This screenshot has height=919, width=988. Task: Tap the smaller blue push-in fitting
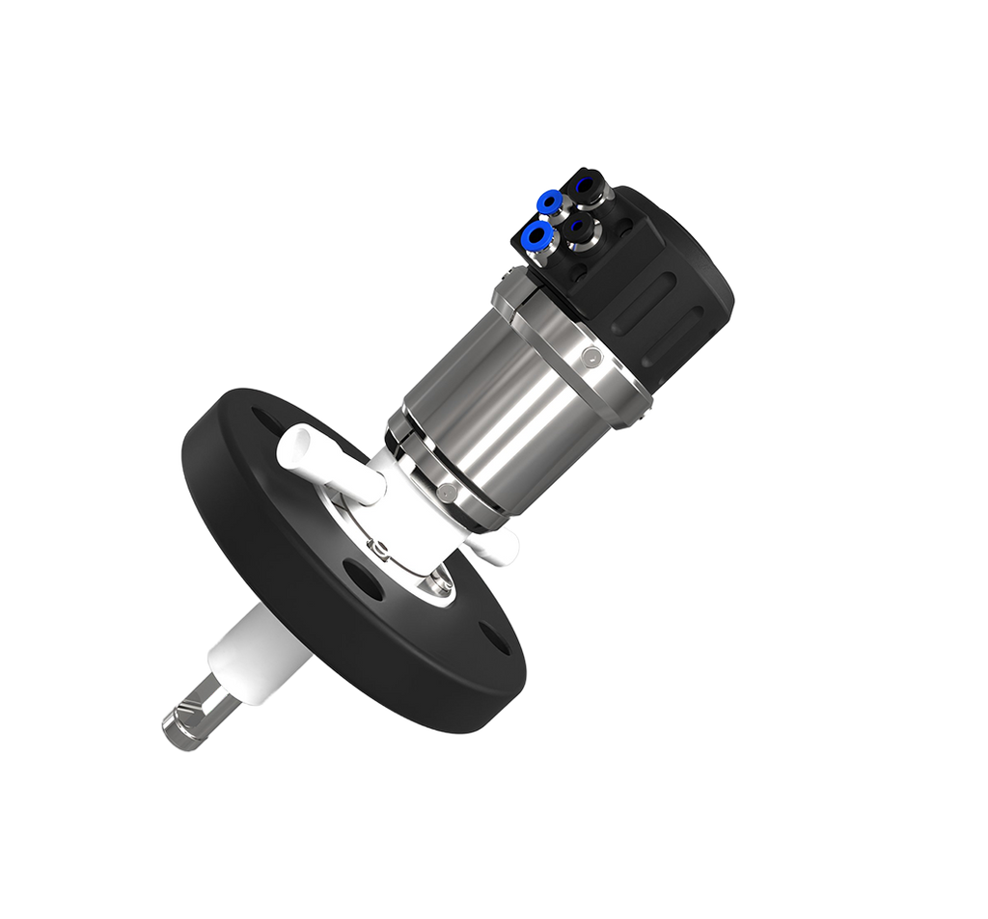(550, 202)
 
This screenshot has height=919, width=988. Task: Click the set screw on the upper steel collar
(589, 359)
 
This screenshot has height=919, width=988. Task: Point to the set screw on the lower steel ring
(446, 492)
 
